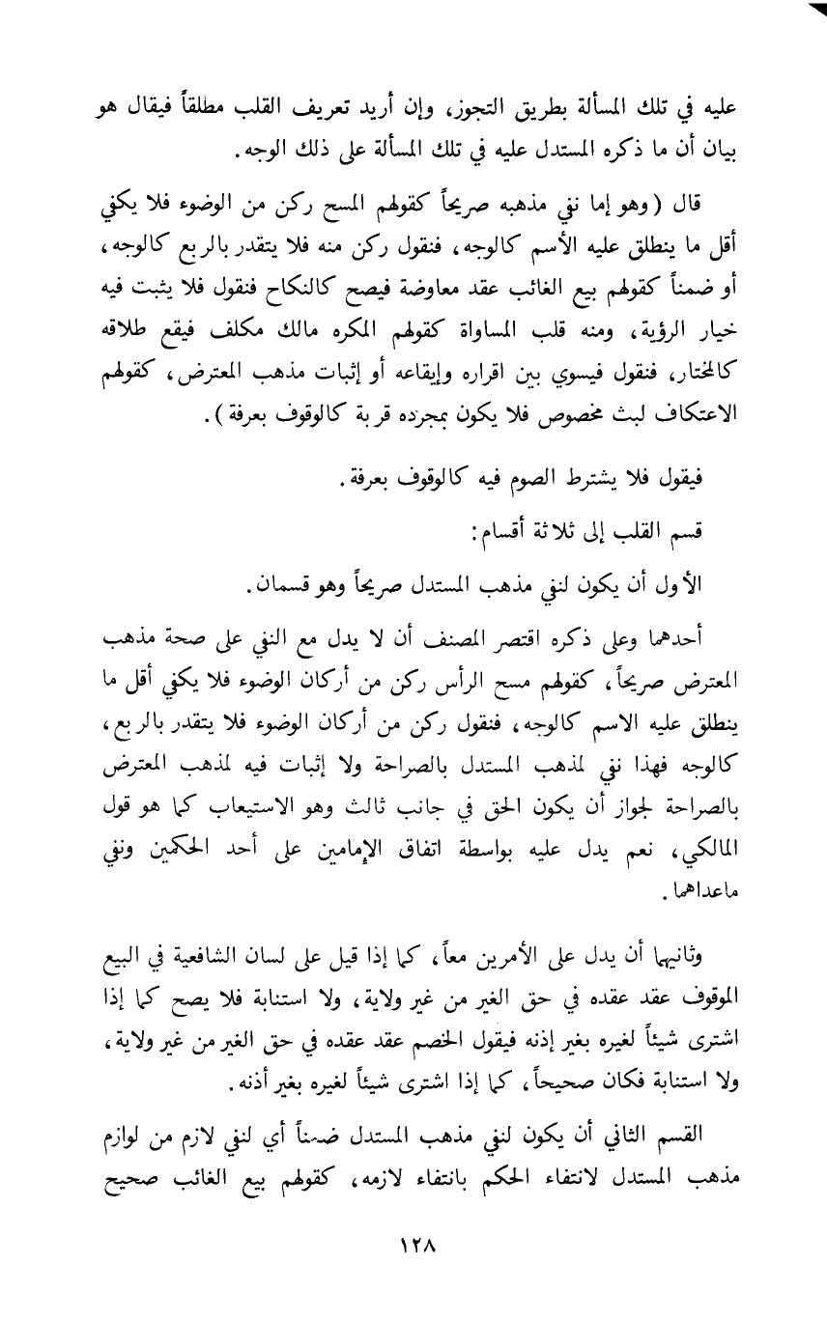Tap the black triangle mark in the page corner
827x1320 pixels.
coord(813,12)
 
